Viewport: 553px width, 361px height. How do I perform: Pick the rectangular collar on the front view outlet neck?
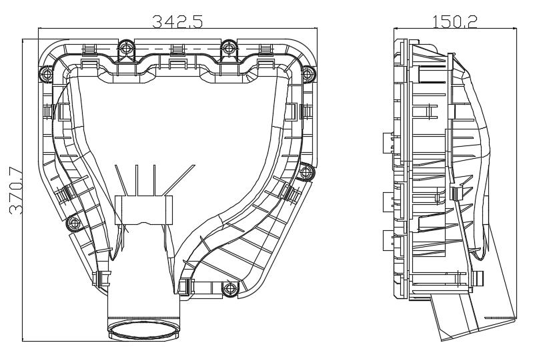tap(143, 209)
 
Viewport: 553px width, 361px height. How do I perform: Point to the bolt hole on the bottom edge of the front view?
tap(230, 289)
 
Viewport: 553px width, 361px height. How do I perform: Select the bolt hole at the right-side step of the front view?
tap(306, 172)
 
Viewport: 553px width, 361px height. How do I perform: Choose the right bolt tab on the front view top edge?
tap(229, 49)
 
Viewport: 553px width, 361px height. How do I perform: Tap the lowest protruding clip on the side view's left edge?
tap(387, 238)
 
